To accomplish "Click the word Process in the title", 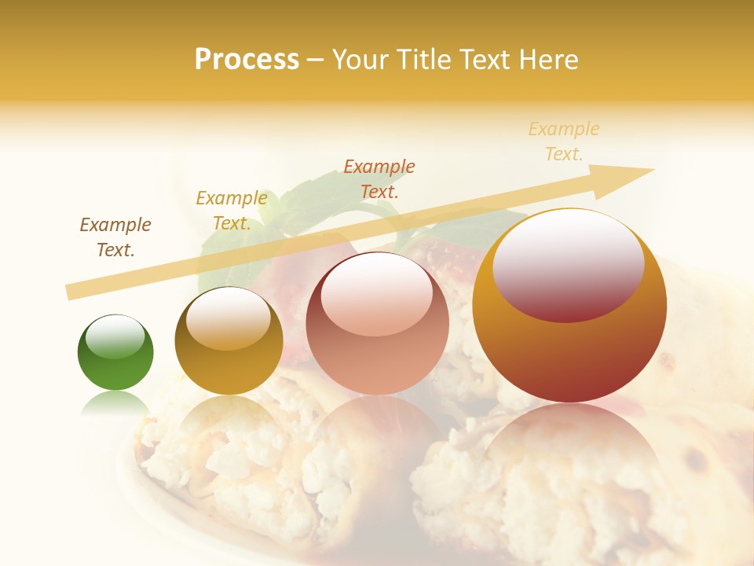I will (247, 60).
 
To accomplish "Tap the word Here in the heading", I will (550, 60).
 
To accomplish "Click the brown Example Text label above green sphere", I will (115, 237).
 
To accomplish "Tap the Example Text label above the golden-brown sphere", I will (231, 211).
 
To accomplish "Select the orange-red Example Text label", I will (379, 178).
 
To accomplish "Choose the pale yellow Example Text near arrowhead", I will (564, 141).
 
